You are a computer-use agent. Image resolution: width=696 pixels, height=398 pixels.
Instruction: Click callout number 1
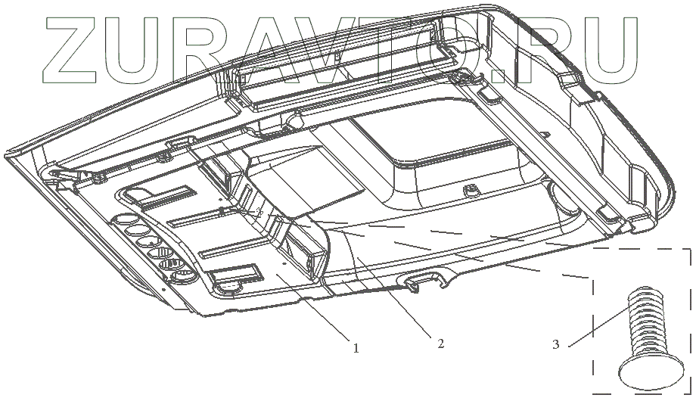coord(354,349)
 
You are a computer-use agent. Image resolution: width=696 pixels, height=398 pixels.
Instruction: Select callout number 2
coord(440,344)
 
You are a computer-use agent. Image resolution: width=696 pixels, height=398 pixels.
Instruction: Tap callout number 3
coord(556,345)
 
